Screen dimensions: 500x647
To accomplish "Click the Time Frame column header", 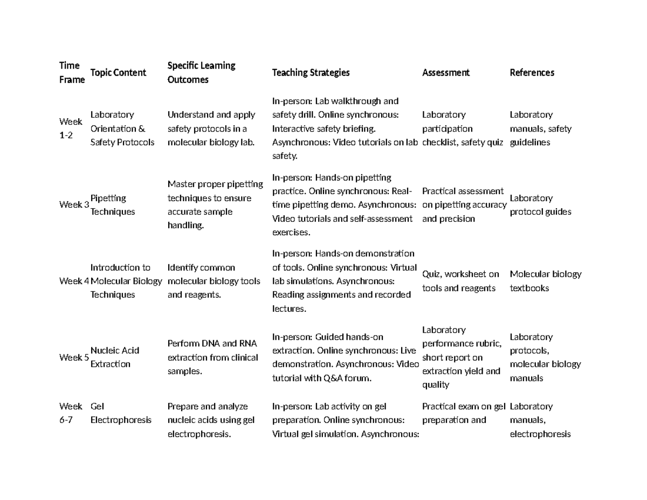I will tap(72, 72).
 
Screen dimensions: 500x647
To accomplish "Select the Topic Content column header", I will tap(118, 72).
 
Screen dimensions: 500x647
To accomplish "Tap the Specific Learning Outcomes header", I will tap(201, 72).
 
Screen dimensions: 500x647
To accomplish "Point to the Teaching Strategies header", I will tap(311, 72).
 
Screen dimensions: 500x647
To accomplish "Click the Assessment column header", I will tap(445, 72).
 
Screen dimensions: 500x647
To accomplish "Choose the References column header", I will tap(532, 72).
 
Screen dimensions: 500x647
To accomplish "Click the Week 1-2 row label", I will tap(71, 128).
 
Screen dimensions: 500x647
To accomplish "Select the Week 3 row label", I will tap(74, 205).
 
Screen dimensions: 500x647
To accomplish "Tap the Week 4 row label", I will tap(74, 281).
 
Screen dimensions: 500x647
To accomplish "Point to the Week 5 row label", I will tap(74, 357).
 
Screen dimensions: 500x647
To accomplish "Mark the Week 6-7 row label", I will tap(71, 413).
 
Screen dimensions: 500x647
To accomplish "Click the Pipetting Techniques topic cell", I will tap(112, 205).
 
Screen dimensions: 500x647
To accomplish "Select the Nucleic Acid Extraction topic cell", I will tap(114, 357).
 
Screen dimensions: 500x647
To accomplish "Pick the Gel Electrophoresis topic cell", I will tap(121, 413).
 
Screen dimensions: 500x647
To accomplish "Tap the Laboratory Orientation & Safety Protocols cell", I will tap(122, 128).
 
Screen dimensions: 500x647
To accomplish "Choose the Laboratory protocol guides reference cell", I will tap(540, 205).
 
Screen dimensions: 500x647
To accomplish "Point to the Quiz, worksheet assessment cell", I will tap(460, 281).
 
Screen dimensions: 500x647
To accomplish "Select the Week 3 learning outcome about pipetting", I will tap(215, 205).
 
